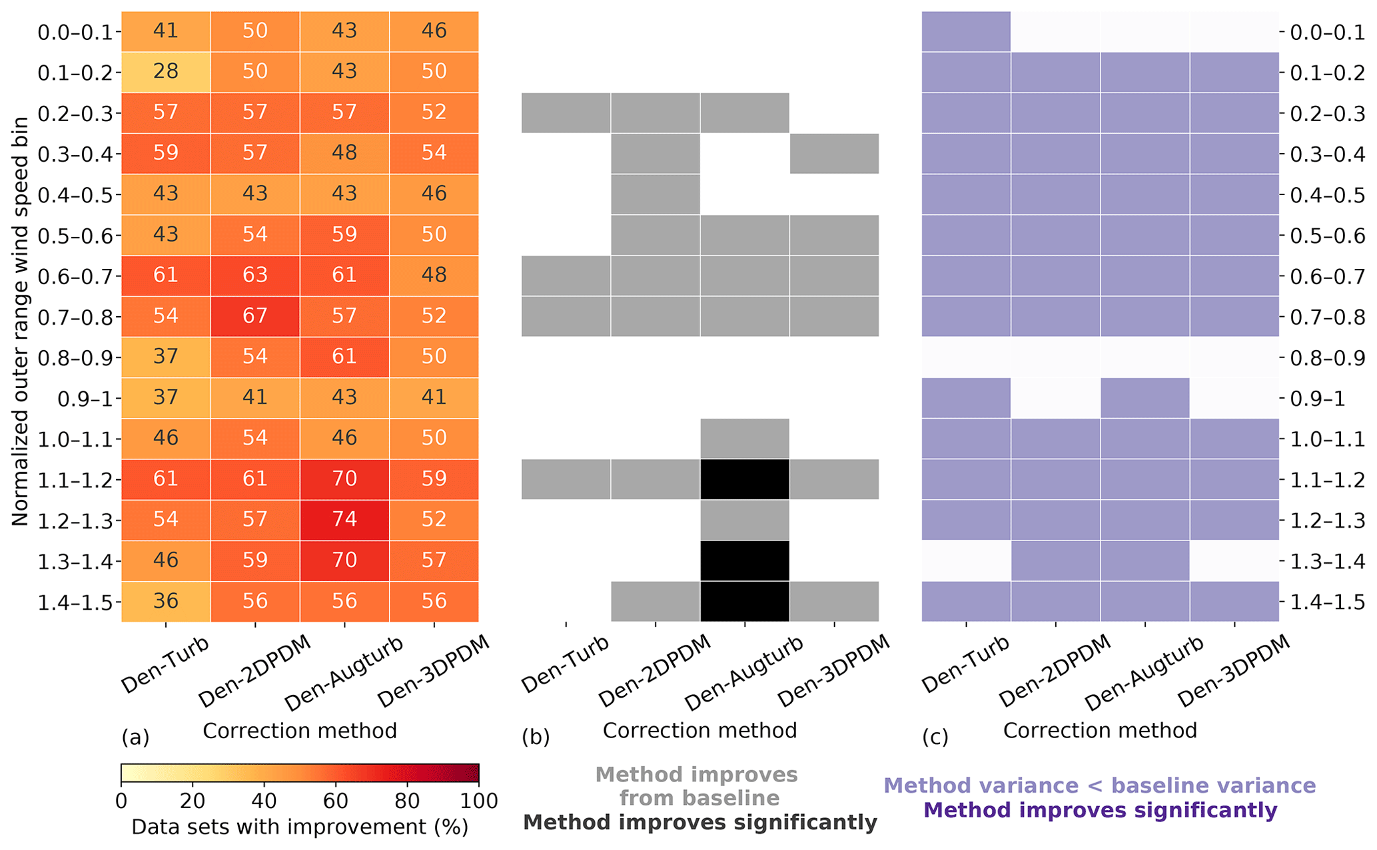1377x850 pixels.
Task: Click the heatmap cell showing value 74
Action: [x=344, y=520]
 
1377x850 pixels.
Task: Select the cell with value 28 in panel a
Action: [x=165, y=71]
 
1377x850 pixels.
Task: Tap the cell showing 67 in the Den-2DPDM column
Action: [x=255, y=316]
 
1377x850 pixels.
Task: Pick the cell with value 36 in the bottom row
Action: [x=165, y=601]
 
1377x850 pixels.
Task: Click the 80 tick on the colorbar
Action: [x=407, y=801]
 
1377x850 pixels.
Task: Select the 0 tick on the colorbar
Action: [x=121, y=801]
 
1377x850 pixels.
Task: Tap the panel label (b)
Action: [x=535, y=737]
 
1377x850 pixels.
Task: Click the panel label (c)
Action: [x=935, y=737]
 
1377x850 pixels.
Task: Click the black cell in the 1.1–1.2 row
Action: [x=745, y=479]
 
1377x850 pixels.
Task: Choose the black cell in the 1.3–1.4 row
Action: [x=745, y=560]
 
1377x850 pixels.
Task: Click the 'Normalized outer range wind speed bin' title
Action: [x=20, y=321]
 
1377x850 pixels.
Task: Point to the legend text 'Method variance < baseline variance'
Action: [x=1099, y=786]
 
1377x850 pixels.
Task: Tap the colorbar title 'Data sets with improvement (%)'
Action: [x=300, y=827]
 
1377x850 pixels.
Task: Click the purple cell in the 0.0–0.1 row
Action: [x=966, y=31]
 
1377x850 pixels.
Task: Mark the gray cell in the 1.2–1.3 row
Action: [x=745, y=520]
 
